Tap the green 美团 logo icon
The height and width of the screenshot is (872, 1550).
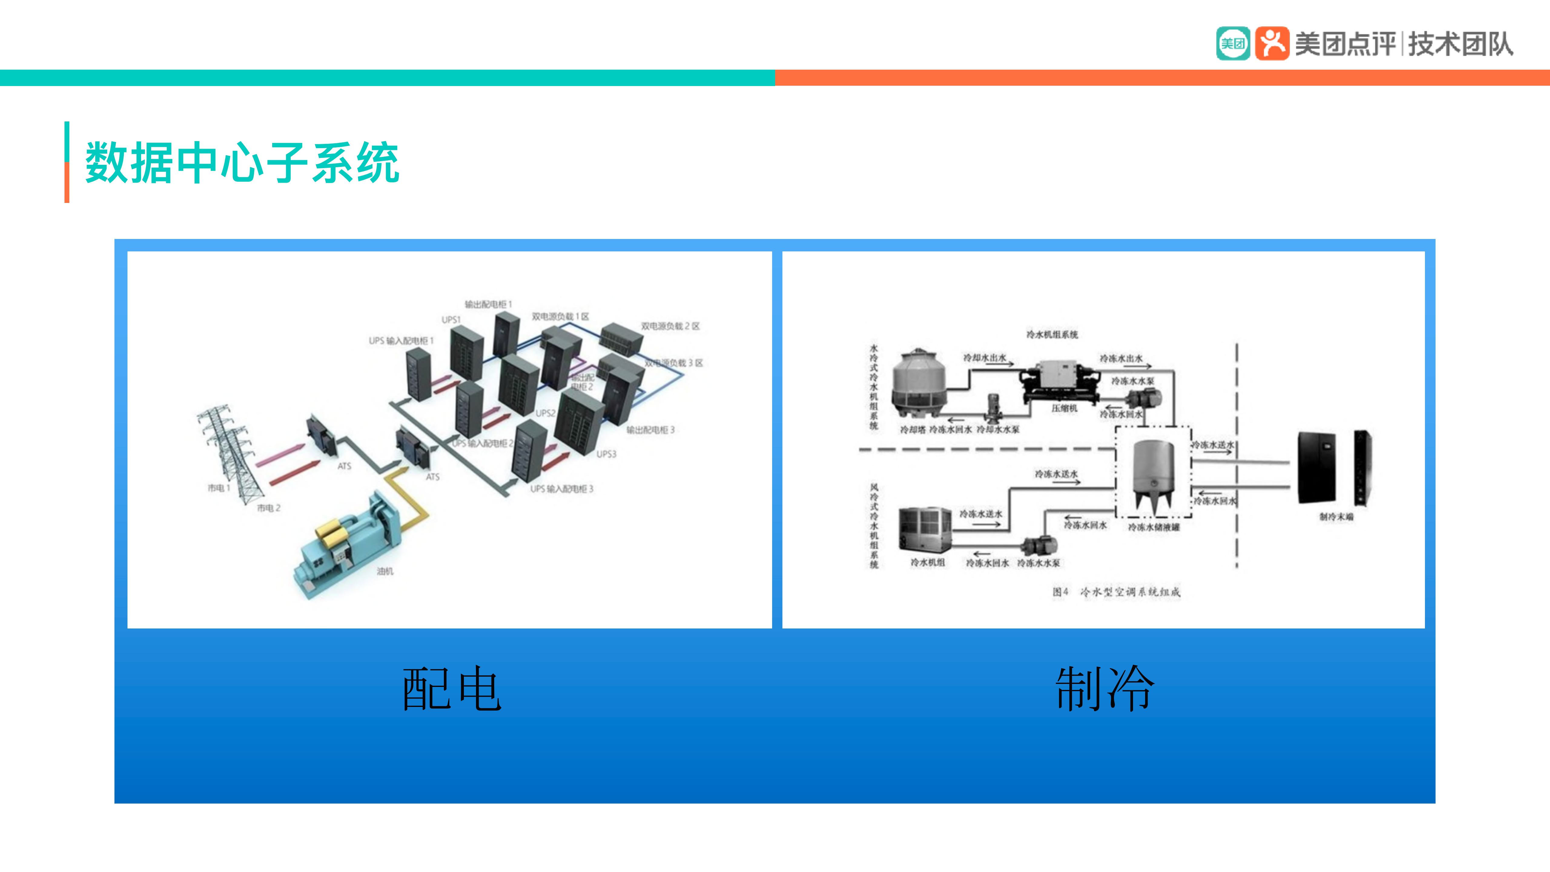(1232, 43)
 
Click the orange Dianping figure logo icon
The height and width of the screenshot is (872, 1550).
(1271, 43)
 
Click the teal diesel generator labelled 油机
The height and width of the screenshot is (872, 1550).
(346, 545)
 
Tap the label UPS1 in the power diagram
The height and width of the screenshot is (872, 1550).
(451, 320)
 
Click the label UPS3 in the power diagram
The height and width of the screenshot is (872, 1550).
(606, 454)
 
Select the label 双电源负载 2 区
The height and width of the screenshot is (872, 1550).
(670, 326)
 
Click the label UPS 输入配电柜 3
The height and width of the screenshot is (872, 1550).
(561, 489)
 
